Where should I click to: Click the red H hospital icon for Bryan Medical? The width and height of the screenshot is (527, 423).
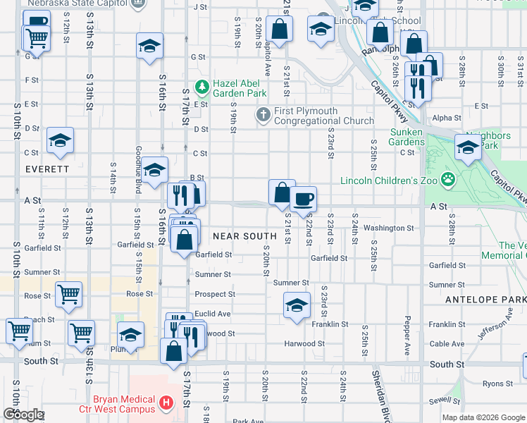pos(166,403)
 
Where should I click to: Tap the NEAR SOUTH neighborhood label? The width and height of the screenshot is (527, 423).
pos(244,236)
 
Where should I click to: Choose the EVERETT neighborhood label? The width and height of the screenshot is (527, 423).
pos(46,169)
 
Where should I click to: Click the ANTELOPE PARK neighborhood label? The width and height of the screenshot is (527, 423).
pos(485,300)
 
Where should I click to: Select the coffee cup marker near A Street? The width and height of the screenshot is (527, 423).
pos(303,200)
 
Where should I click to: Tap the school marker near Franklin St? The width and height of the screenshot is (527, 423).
pos(297,305)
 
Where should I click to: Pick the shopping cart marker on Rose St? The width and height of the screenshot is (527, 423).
pos(68,294)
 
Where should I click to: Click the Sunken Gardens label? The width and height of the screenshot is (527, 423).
pos(407,137)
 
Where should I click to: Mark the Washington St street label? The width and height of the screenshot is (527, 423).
pos(388,228)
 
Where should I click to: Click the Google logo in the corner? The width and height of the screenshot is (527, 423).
pos(23,415)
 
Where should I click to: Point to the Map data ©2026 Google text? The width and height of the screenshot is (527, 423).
pos(483,417)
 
